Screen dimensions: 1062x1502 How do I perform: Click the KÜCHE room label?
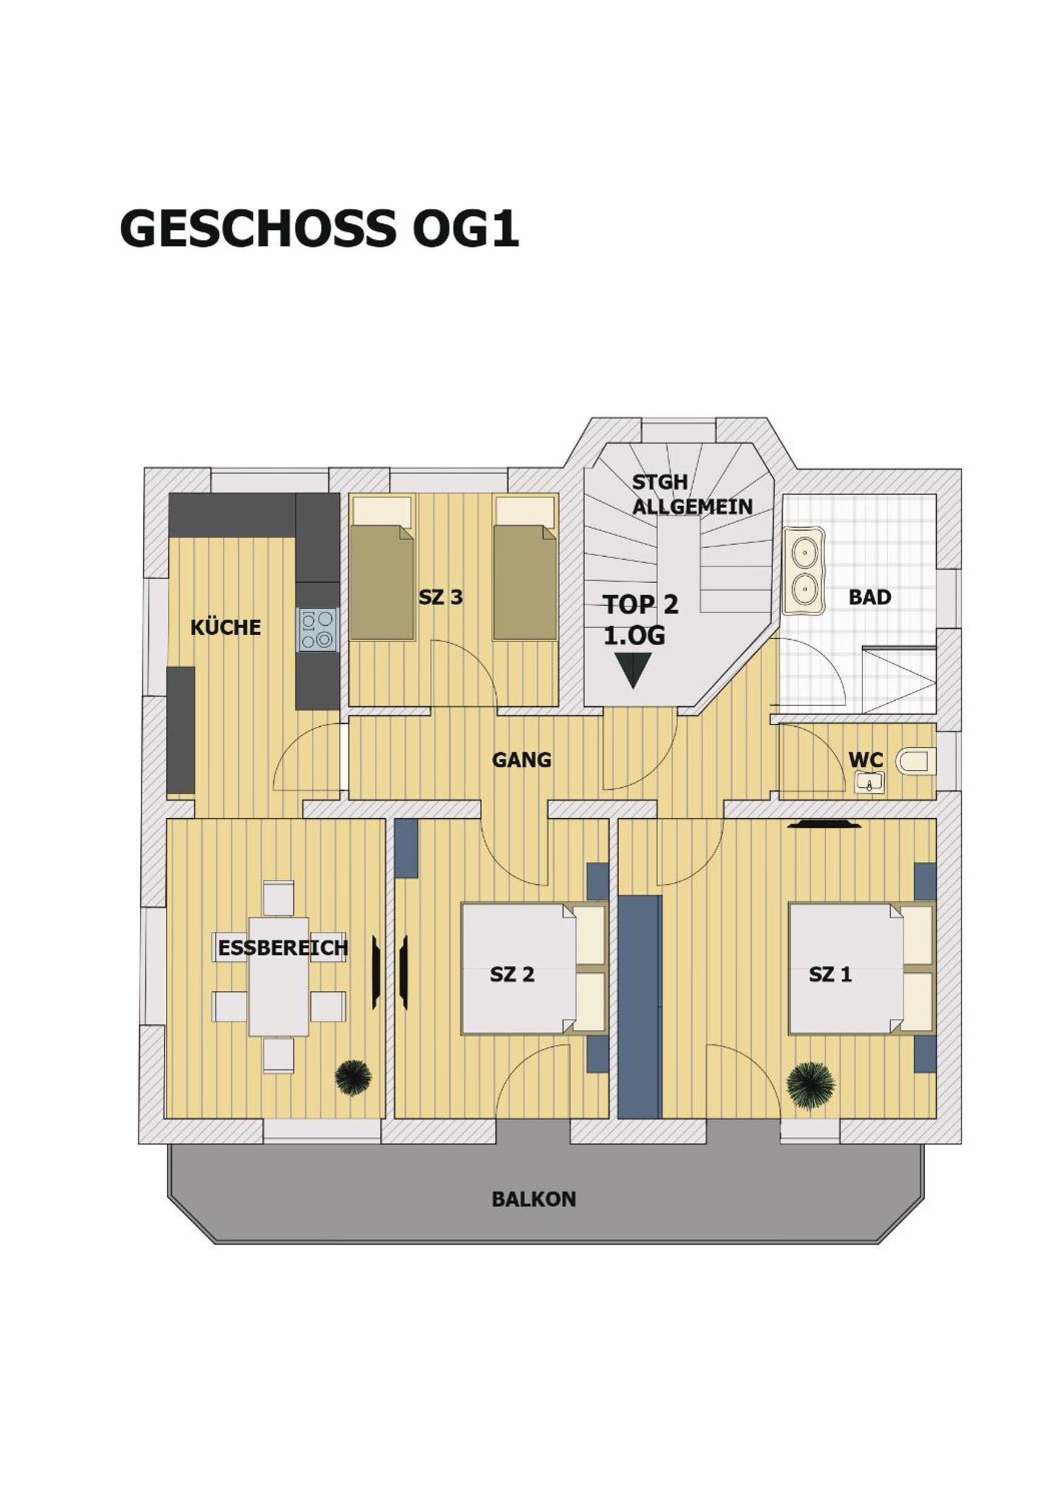click(226, 628)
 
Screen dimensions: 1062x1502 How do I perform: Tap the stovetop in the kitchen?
click(318, 630)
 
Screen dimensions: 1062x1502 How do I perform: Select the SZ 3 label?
click(441, 597)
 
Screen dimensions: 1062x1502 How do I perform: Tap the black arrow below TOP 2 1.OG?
click(632, 672)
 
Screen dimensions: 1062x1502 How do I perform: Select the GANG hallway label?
click(521, 760)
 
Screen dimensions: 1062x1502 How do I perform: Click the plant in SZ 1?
click(811, 1086)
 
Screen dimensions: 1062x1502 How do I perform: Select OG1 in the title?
click(466, 229)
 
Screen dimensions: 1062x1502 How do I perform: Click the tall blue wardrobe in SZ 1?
click(640, 1007)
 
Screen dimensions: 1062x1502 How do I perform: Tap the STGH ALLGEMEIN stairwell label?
click(692, 495)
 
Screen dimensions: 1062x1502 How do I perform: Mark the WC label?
click(866, 760)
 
